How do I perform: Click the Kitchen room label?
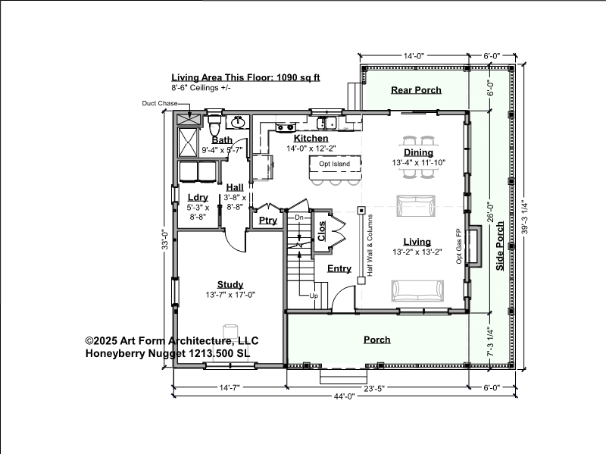pos(311,139)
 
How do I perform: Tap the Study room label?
pos(230,285)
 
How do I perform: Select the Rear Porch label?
pos(416,90)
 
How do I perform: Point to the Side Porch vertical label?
pos(500,246)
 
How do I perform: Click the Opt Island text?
pos(334,164)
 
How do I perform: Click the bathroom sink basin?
pos(238,123)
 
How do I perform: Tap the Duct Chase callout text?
pos(160,103)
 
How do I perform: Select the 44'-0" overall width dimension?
pos(345,396)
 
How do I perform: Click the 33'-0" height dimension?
pos(165,240)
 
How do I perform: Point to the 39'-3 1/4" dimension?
pos(524,217)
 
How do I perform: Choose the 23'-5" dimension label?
pos(374,388)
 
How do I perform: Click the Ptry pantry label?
pos(268,221)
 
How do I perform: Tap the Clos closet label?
pos(321,231)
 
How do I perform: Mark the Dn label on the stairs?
pos(299,218)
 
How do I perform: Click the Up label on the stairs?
pos(314,296)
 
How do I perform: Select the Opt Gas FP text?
pos(459,246)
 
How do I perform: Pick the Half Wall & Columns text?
pos(370,246)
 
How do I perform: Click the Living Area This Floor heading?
pos(245,77)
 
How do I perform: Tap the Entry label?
pos(339,269)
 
